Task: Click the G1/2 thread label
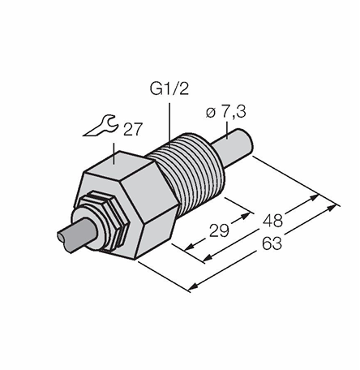[169, 88]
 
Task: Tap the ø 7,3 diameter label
[225, 112]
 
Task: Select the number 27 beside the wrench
[132, 129]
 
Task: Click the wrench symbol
[101, 126]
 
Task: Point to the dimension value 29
[219, 231]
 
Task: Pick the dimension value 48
[273, 220]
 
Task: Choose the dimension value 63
[272, 243]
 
